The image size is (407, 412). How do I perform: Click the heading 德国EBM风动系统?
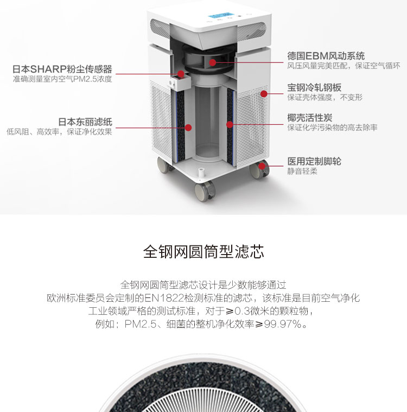326,56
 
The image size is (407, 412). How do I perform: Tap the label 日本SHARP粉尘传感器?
62,69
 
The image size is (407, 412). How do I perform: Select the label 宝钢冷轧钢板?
314,87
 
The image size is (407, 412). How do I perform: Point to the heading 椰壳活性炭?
310,118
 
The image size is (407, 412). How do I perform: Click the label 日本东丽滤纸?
85,122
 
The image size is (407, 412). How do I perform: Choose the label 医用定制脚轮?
314,161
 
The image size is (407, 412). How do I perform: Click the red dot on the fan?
213,62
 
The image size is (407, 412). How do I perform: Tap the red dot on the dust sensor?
181,74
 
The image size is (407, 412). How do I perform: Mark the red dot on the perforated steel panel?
264,94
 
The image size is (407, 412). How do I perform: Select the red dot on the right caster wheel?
262,166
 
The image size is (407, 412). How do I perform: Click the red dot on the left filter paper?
188,128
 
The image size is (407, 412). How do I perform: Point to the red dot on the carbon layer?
230,124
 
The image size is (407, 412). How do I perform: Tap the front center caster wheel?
205,191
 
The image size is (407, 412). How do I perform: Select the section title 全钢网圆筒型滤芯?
203,252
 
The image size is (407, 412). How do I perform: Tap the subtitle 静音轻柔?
302,172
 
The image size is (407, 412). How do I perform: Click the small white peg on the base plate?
201,173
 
